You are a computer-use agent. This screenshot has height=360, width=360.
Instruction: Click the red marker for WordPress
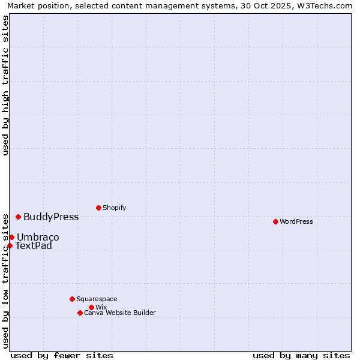275,221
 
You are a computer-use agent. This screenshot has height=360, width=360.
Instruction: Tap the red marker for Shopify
98,208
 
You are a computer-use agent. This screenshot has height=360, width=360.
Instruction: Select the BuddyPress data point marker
18,217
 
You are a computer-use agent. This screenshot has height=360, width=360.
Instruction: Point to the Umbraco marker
11,237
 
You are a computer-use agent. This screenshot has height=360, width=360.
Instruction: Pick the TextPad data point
10,245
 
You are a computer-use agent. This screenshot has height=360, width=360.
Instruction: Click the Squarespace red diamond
72,299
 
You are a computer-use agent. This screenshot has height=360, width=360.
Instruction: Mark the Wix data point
91,307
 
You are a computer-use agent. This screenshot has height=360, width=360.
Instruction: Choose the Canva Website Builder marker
80,313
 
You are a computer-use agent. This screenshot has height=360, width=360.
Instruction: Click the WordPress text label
296,221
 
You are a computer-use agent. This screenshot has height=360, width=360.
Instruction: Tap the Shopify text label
114,208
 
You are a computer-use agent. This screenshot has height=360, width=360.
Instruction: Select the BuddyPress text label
51,217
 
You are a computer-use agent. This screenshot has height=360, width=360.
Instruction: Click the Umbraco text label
38,237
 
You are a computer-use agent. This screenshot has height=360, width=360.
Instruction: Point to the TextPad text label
34,245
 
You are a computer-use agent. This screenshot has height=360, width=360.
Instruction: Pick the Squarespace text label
97,299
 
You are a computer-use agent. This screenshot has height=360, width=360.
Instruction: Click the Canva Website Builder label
120,313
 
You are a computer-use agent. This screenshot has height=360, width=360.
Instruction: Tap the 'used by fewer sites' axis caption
62,355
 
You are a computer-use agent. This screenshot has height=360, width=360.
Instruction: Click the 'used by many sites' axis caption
301,355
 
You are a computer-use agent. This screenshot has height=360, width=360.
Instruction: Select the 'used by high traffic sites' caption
5,85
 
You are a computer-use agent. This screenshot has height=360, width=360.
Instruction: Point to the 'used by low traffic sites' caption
5,280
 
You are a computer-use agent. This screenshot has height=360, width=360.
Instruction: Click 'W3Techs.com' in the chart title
324,5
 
